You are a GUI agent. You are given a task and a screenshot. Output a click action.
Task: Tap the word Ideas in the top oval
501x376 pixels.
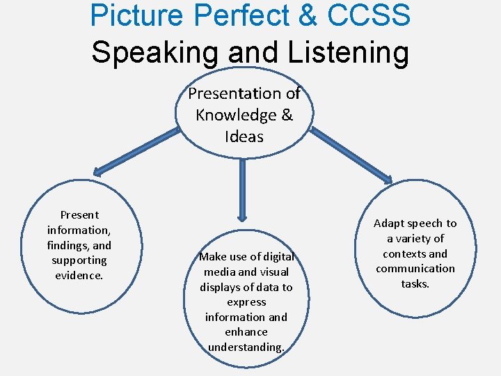click(244, 136)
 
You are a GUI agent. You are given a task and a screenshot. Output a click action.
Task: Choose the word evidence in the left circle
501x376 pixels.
click(79, 275)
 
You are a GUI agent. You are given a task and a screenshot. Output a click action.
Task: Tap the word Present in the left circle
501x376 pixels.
click(79, 215)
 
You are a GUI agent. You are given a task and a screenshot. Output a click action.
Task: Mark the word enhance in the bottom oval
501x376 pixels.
click(246, 332)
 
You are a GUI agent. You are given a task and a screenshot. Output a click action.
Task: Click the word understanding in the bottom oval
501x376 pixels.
click(246, 347)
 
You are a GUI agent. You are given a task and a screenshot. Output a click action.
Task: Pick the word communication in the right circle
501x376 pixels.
click(415, 269)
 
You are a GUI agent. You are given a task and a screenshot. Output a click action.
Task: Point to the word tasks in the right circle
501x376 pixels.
click(415, 283)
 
